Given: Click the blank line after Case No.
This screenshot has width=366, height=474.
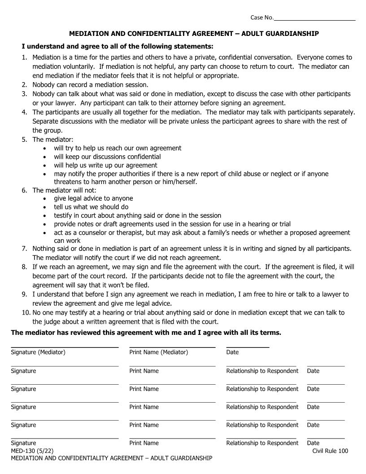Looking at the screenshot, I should click(x=314, y=18).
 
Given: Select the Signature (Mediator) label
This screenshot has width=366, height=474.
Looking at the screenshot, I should click(x=38, y=352).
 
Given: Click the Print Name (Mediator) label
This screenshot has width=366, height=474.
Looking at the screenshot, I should click(x=159, y=352).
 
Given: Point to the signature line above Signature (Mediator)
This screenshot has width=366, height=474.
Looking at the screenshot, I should click(x=65, y=347).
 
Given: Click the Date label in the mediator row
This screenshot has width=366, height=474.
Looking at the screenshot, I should click(x=232, y=352).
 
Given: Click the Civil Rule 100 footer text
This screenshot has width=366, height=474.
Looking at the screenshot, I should click(x=330, y=451).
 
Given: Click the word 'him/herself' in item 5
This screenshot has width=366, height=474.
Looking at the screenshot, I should click(x=179, y=182).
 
